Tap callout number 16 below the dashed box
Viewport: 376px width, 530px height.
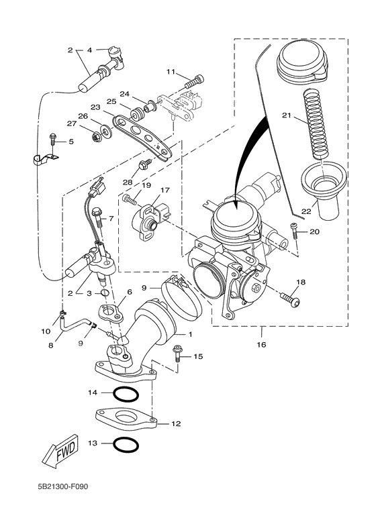tap(261, 345)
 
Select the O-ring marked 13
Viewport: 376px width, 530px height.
tap(126, 443)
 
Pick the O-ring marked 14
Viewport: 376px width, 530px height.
tap(126, 392)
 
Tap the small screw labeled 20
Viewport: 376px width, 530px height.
tap(294, 232)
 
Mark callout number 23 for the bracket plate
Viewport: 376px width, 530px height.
tap(95, 107)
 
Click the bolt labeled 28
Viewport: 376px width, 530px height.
tap(143, 164)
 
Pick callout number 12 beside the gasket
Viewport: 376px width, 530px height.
tap(176, 424)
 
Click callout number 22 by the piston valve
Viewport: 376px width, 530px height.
tap(306, 211)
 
